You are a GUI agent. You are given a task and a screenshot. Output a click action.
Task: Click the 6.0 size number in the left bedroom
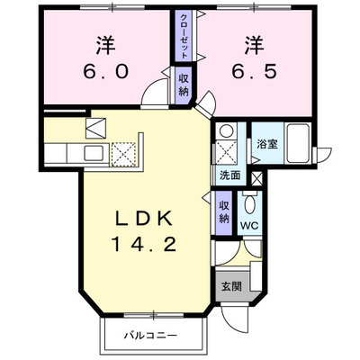[x=106, y=71]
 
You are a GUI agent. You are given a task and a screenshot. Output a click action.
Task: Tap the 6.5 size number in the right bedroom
[x=254, y=71]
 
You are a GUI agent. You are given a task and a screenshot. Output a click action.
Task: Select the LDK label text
[x=144, y=219]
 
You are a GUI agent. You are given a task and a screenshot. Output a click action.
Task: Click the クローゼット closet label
[x=184, y=36]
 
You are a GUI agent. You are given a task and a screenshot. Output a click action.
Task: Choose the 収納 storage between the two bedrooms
[x=184, y=85]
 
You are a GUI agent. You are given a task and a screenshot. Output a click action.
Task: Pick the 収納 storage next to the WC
[x=224, y=212]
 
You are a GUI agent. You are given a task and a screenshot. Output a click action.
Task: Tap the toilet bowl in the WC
[x=249, y=204]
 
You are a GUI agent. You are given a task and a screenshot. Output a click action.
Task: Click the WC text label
[x=249, y=226]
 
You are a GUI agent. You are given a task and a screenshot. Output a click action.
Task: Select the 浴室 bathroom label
[x=266, y=144]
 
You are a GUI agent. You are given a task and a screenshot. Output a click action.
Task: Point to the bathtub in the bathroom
[x=298, y=143]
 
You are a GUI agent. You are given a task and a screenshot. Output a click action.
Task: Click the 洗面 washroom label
[x=230, y=175]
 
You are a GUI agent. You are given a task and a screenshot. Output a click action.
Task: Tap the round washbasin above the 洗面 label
[x=225, y=130]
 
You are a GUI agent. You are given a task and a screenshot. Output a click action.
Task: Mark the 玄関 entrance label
[x=231, y=286]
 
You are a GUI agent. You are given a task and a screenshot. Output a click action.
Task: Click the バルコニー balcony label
[x=149, y=335]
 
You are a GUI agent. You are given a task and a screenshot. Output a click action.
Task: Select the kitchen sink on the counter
[x=94, y=153]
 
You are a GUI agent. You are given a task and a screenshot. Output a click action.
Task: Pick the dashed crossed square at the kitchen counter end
[x=124, y=154]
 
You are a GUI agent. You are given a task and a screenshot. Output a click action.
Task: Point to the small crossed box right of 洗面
[x=256, y=179]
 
